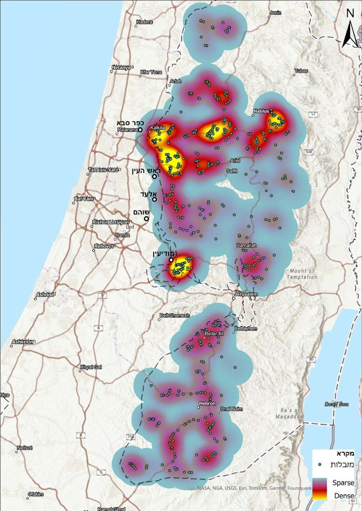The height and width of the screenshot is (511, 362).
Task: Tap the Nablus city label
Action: tap(261, 111)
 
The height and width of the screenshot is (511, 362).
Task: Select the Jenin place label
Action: tap(275, 13)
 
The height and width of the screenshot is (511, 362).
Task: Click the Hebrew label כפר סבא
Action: tap(130, 123)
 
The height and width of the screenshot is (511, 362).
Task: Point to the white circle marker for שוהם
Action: tap(146, 219)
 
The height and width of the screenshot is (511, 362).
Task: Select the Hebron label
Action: tap(207, 403)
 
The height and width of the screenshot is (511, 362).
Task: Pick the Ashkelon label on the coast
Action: tap(22, 342)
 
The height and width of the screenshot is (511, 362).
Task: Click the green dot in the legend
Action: tap(320, 464)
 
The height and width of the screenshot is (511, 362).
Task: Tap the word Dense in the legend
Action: tap(344, 496)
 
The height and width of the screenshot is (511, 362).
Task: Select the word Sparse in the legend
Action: tap(343, 483)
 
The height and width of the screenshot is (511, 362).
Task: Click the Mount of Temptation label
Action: tap(302, 274)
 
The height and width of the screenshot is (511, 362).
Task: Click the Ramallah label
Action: tap(246, 245)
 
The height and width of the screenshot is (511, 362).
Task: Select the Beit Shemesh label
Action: tap(174, 315)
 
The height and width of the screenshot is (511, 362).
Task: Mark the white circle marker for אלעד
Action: tap(154, 199)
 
